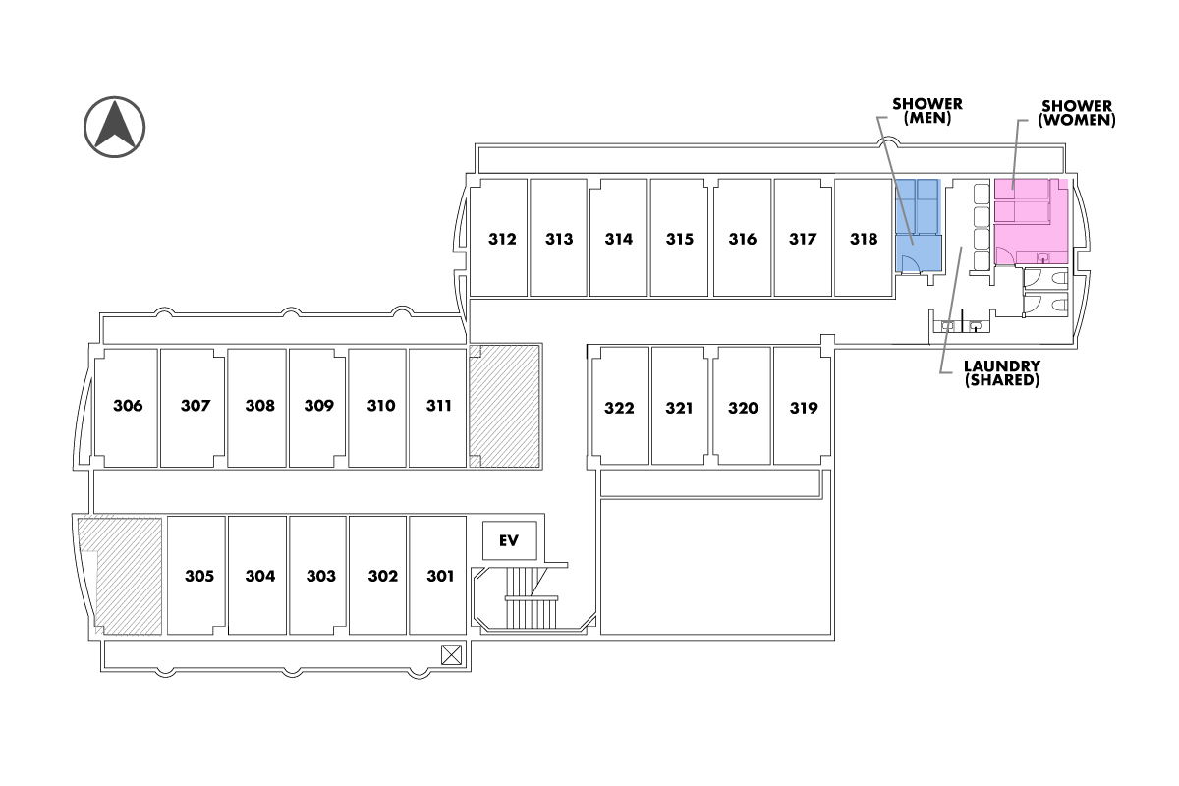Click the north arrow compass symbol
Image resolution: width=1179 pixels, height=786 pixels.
(x=115, y=127)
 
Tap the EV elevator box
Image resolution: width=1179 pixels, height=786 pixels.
(x=509, y=539)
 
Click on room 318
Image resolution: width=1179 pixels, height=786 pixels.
(x=864, y=238)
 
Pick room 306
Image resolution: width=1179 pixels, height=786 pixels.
(x=127, y=406)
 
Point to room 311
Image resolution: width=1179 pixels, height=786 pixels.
(x=438, y=406)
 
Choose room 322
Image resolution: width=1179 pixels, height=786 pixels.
(x=619, y=408)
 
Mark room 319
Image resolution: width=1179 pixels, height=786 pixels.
(x=803, y=408)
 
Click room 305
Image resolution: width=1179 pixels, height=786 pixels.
(x=198, y=576)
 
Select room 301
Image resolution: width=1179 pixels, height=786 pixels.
(x=439, y=576)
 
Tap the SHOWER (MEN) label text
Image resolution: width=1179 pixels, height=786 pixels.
(x=926, y=110)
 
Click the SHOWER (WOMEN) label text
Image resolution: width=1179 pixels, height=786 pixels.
(x=1076, y=113)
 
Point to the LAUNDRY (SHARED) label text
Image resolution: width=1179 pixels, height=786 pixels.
(x=1002, y=372)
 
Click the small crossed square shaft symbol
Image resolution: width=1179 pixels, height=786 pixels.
(x=451, y=653)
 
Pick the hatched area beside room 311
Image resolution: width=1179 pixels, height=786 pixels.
(x=504, y=406)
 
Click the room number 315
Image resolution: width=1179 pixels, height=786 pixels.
(x=679, y=239)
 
